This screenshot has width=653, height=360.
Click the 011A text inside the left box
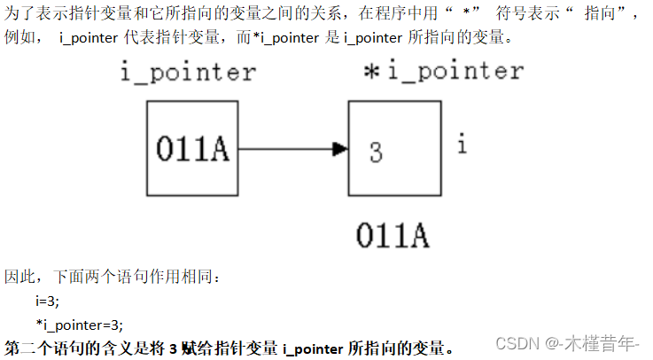192,149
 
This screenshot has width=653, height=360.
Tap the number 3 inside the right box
376,153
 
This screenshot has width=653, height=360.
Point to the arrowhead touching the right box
339,149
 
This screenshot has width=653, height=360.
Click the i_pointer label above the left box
189,74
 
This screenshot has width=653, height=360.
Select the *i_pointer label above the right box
443,71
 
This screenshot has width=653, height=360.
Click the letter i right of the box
462,143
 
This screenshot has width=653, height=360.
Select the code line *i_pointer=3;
80,324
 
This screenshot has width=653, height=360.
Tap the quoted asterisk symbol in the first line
465,15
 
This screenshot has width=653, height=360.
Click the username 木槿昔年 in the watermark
608,343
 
